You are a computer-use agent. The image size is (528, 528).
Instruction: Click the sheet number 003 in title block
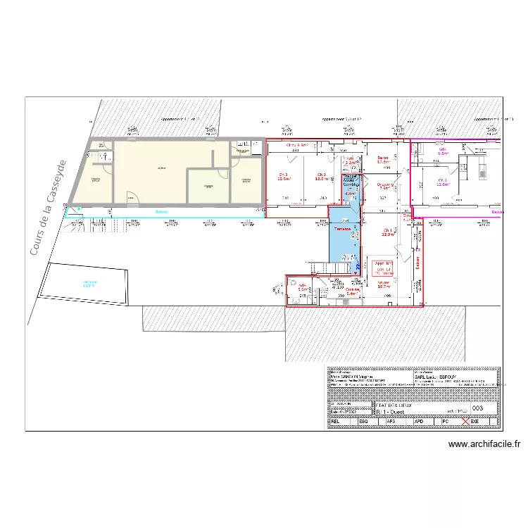coord(477,408)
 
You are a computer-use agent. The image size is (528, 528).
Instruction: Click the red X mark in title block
coord(465,421)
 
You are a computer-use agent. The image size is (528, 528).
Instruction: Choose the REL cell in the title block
coord(337,421)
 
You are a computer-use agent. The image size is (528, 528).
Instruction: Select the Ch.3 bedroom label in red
coord(284,177)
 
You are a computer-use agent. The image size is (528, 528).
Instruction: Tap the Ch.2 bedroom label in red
coord(322,177)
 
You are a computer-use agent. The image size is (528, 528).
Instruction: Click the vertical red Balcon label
coord(417,264)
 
